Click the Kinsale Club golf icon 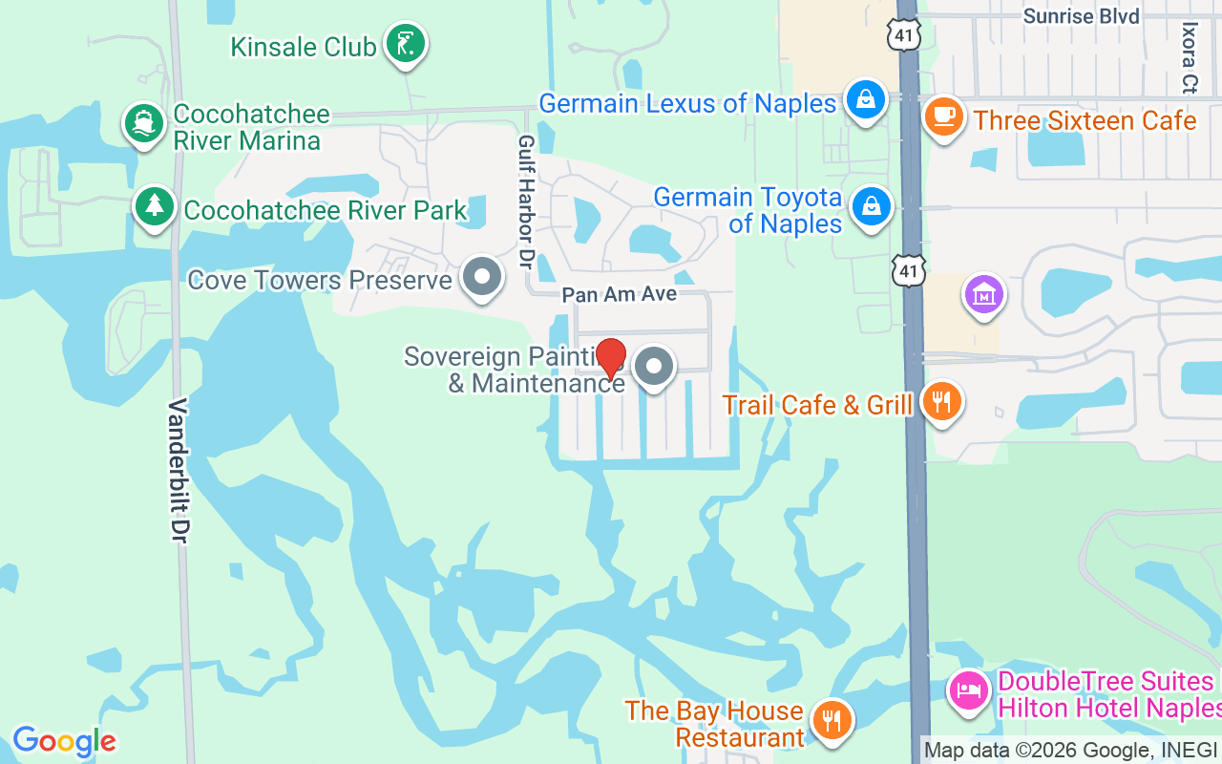coord(406,44)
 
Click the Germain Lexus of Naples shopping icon coord(866,101)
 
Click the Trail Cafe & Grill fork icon coord(942,403)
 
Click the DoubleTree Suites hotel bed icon coord(970,690)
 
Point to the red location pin coord(611,359)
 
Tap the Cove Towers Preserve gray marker coord(482,278)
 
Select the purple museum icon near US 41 coord(983,295)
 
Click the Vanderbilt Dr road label coord(178,472)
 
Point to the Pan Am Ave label coord(619,294)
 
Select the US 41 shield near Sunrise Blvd coord(903,33)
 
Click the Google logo coord(64,741)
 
